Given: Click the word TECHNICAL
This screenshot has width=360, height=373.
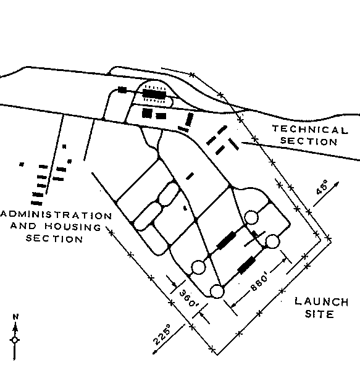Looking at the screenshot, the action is tap(310, 130).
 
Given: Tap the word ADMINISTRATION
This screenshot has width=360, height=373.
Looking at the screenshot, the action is tap(56, 215).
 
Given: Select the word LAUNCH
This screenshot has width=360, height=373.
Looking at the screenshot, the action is tap(322, 301).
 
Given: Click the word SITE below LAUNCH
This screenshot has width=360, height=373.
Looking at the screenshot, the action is tap(319, 314).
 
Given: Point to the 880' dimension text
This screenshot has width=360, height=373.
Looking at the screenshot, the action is tap(260, 282).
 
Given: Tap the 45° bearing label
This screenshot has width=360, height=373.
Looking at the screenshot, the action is tap(322, 188).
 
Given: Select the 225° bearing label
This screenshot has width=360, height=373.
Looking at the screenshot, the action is tap(162, 334).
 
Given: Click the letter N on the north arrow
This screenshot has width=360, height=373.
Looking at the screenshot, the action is tap(15, 317).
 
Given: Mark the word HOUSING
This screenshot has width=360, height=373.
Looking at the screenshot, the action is tap(73, 227).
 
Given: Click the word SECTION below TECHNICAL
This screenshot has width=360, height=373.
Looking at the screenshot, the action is tap(309, 141).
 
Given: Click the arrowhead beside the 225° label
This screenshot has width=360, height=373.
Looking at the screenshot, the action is tap(155, 352).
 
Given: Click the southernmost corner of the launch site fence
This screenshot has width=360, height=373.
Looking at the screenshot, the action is tap(217, 354).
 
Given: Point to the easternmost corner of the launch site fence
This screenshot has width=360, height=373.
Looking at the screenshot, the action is tap(331, 240).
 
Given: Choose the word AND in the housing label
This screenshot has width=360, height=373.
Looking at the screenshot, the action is tap(23, 225).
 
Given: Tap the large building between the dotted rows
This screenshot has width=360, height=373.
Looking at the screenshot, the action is tap(154, 94).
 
